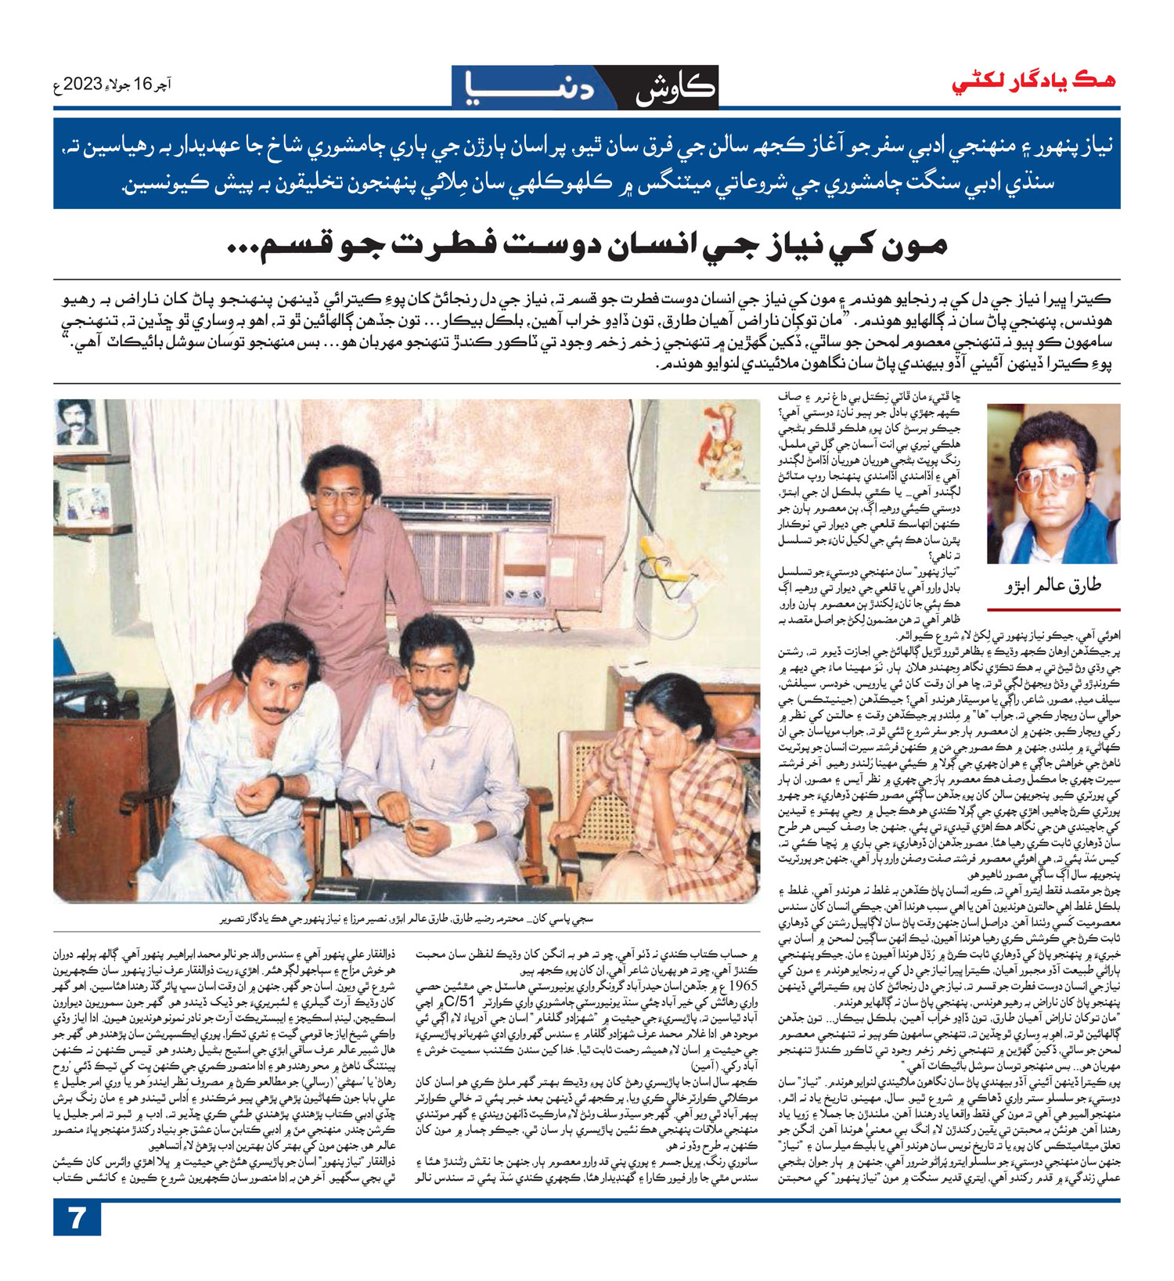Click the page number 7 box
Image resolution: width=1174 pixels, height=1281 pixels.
(77, 1219)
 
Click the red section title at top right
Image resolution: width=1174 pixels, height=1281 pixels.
(1032, 81)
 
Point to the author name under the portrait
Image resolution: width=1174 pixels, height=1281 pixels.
(1053, 586)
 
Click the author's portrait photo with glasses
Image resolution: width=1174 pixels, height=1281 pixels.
(1053, 484)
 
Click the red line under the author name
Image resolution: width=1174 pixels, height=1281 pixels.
(1053, 608)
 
